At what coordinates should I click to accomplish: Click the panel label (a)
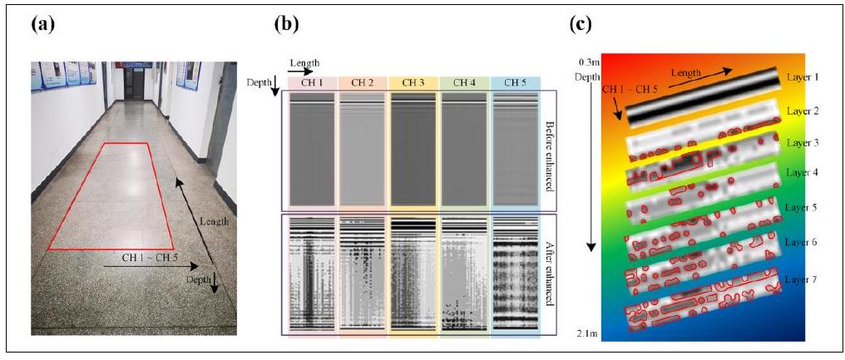(x=42, y=24)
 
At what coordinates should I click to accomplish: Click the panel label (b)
(x=286, y=24)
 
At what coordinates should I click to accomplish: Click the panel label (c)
(x=580, y=24)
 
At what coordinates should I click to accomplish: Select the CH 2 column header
(x=363, y=81)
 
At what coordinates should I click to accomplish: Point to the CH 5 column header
(x=516, y=81)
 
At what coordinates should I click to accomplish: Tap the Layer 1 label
(x=802, y=76)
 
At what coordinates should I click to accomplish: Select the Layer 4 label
(x=802, y=173)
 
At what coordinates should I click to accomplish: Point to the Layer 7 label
(x=802, y=280)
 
